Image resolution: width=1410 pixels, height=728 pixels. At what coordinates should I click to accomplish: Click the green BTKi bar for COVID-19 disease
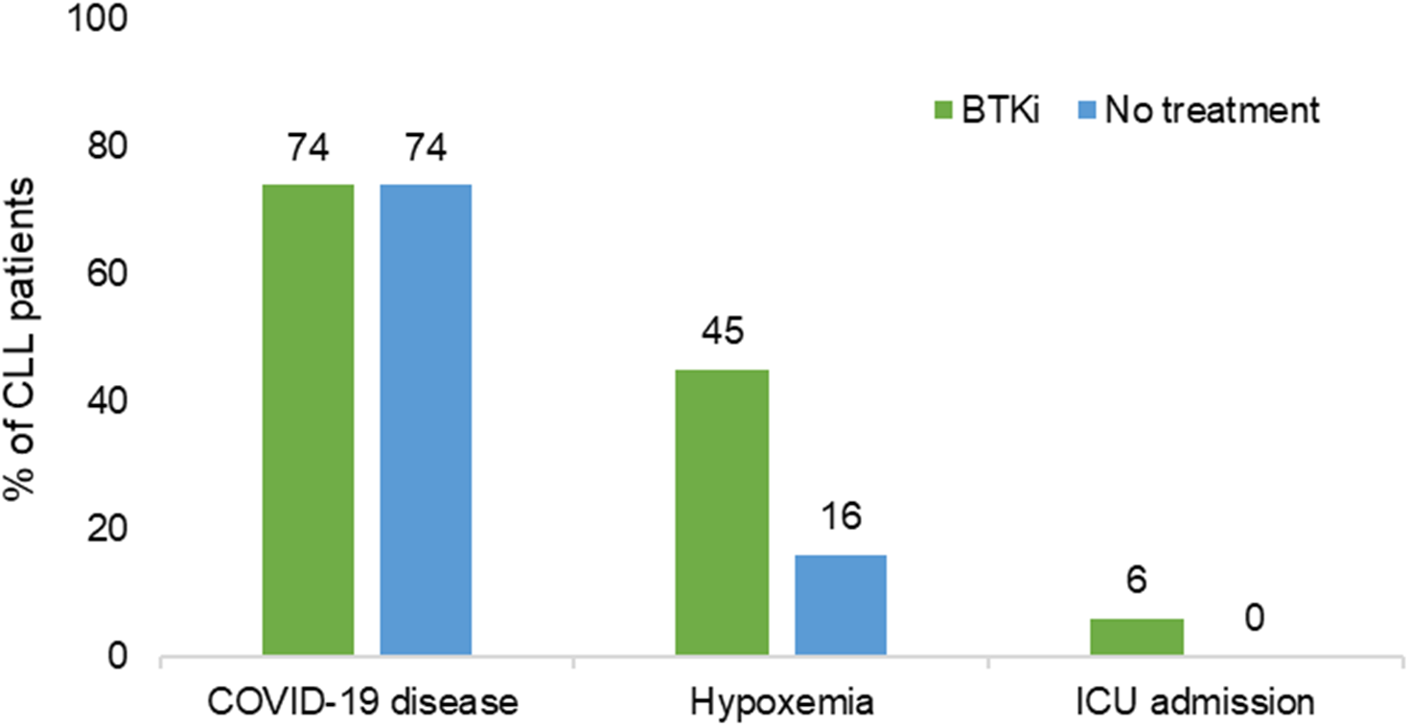tap(308, 421)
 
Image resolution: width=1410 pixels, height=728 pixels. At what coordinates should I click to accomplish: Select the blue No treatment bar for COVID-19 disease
tap(426, 421)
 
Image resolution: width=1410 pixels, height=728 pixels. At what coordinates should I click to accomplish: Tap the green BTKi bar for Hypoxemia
tap(722, 513)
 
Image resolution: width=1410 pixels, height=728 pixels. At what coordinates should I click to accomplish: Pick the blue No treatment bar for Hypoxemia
tap(840, 605)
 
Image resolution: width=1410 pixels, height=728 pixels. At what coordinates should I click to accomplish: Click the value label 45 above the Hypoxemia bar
tap(722, 332)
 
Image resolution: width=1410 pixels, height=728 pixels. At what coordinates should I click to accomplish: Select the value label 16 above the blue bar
tap(840, 518)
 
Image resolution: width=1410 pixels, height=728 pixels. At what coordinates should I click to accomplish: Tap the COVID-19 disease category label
tap(365, 702)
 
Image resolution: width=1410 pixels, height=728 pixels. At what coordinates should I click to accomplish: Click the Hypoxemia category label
tap(780, 702)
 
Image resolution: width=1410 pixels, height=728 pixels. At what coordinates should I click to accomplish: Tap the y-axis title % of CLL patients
tap(21, 338)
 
